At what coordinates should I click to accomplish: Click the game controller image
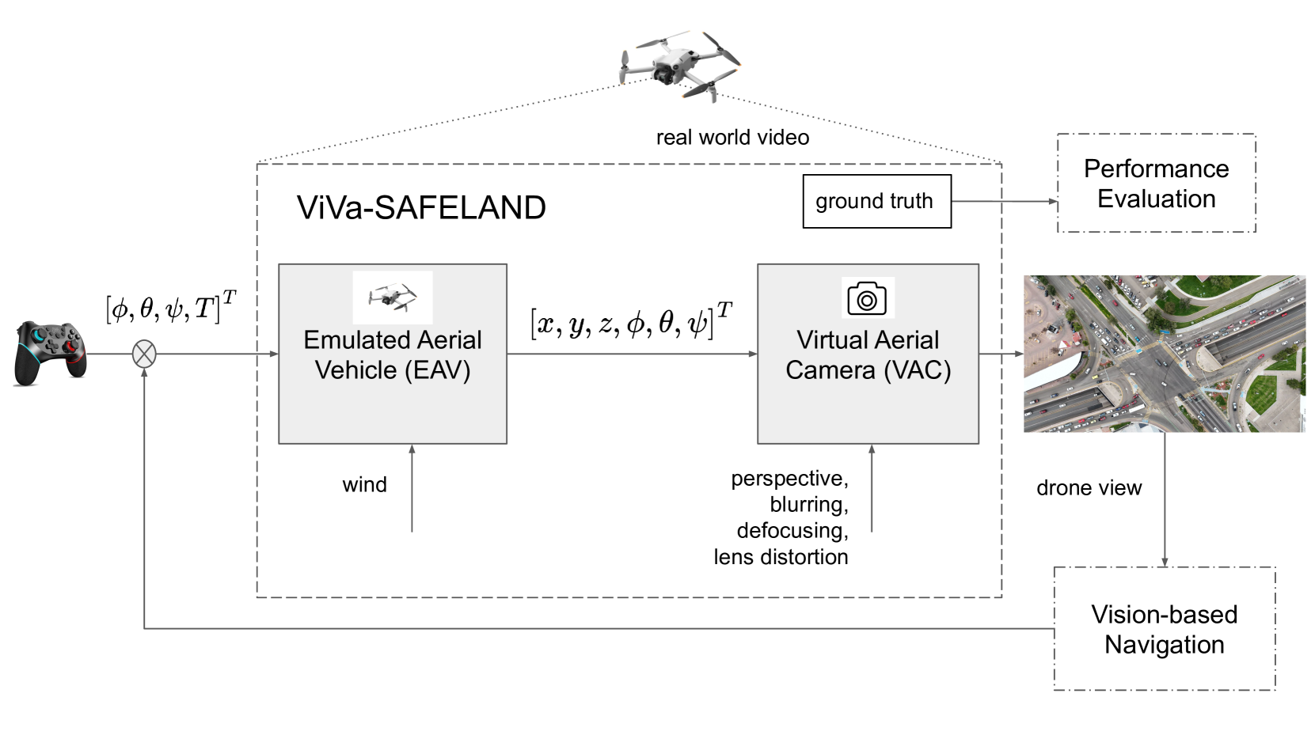(50, 354)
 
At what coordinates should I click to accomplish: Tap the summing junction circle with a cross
(144, 354)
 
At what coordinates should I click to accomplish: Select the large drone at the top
(679, 66)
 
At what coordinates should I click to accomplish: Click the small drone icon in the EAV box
(393, 297)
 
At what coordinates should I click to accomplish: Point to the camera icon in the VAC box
(867, 298)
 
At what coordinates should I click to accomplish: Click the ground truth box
(876, 201)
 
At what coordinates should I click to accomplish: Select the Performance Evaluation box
(1156, 184)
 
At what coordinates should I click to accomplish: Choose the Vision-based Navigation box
(1164, 629)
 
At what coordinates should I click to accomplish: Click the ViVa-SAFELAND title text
(421, 207)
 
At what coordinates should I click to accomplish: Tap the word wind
(364, 484)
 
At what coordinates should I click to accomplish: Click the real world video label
(732, 138)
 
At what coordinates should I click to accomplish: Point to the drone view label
(1089, 488)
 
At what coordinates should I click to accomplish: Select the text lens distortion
(781, 557)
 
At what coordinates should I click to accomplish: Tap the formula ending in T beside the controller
(170, 307)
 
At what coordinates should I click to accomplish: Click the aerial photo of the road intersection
(1164, 354)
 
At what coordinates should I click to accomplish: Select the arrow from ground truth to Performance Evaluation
(1004, 201)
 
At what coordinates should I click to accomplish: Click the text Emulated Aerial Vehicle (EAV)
(393, 355)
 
